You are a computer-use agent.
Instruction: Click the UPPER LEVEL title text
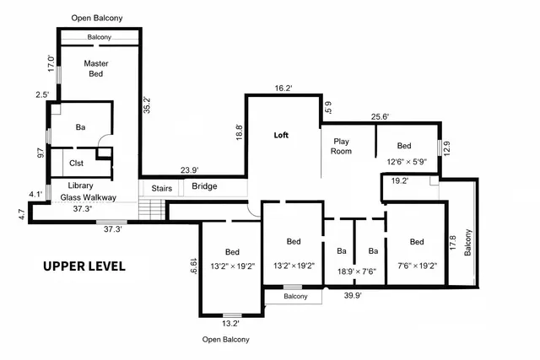point(84,266)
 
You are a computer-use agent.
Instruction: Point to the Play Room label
point(342,146)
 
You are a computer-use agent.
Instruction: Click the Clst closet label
point(76,164)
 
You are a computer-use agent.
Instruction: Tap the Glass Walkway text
point(87,196)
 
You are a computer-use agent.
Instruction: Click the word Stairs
point(161,187)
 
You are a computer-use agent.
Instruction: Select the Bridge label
point(204,186)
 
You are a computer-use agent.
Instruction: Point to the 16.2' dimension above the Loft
point(283,88)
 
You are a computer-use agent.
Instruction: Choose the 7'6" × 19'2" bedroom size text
point(416,266)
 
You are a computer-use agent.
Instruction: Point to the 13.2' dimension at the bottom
point(230,323)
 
